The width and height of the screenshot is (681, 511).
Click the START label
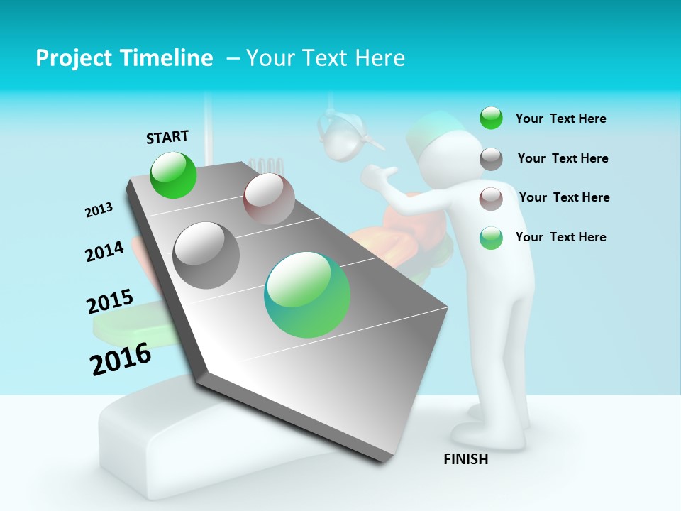(167, 137)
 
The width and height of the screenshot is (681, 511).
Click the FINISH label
(466, 459)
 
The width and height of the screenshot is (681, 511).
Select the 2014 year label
(104, 251)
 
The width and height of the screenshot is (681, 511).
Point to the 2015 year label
(110, 302)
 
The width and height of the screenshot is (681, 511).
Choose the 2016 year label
(121, 359)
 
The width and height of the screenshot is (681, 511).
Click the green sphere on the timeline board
(174, 175)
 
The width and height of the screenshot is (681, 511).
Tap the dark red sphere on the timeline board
(269, 198)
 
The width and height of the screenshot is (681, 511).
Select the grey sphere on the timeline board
(206, 255)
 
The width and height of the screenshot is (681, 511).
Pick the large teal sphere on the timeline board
(307, 295)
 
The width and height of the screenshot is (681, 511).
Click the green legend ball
(491, 118)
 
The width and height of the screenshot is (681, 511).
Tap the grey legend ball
(491, 159)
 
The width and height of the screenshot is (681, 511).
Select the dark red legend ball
(491, 199)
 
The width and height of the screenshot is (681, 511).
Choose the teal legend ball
(491, 238)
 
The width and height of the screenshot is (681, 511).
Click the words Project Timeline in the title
(124, 58)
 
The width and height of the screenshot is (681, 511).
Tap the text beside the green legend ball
(560, 119)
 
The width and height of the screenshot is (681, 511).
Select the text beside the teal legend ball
(560, 237)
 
